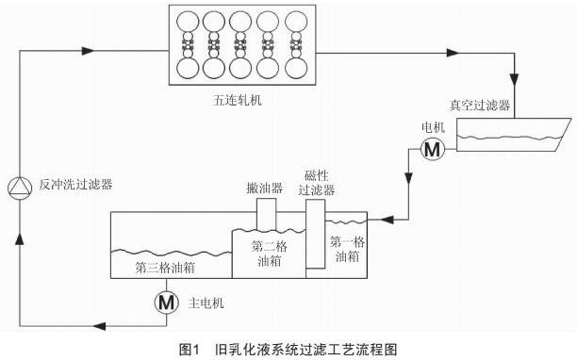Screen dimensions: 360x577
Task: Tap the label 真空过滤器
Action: click(480, 106)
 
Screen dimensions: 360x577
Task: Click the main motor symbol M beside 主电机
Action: click(166, 303)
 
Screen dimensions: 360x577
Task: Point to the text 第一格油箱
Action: click(345, 248)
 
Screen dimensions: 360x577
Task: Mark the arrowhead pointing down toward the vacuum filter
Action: click(514, 79)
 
